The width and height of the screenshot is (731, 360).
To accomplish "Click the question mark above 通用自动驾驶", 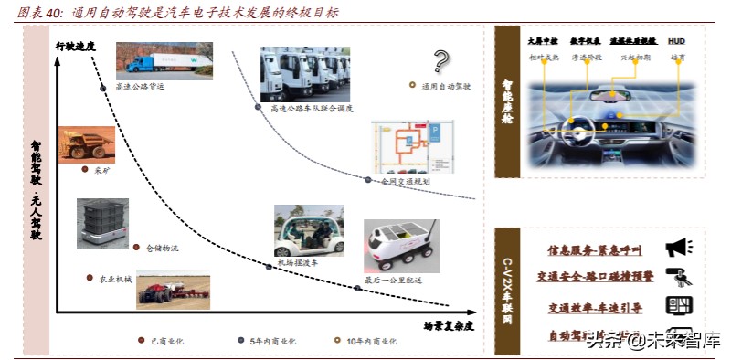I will tap(441, 61).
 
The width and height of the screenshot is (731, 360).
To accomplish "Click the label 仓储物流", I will tap(162, 247).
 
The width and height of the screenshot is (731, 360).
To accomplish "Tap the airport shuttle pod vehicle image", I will tap(309, 230).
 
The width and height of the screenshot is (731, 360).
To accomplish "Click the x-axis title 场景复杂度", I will tap(449, 323).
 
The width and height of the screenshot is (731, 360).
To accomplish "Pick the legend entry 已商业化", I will tap(165, 340).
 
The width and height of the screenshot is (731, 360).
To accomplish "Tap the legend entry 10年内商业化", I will tap(370, 340).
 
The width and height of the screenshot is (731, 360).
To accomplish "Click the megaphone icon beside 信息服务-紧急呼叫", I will tap(678, 248).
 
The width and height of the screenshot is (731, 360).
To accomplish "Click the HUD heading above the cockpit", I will tap(677, 42).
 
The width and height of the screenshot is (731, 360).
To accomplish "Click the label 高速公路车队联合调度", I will tap(312, 108).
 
